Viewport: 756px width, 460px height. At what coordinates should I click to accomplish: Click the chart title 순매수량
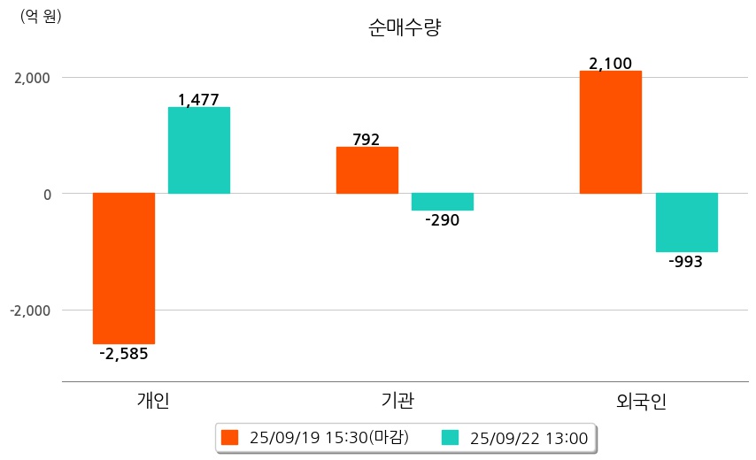point(404,27)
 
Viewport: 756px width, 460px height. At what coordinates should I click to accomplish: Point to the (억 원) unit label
point(41,16)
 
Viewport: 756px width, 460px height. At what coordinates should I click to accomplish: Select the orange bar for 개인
point(124,268)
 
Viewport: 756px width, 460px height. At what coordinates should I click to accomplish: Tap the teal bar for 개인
point(199,150)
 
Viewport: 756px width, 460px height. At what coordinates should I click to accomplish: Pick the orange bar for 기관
point(366,170)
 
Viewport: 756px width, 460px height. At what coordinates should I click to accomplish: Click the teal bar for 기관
point(443,202)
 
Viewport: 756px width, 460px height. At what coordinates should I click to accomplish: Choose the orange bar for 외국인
point(610,132)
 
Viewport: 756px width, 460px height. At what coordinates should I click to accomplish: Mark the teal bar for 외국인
point(686,222)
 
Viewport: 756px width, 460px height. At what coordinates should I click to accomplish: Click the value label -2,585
point(124,354)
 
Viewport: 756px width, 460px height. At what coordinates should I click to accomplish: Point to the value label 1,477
point(198,100)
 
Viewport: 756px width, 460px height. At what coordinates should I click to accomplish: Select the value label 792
point(366,139)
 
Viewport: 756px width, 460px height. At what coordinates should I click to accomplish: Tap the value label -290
point(442,220)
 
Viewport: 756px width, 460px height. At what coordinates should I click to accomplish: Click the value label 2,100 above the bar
point(610,64)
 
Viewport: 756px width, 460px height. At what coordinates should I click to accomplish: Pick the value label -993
point(686,262)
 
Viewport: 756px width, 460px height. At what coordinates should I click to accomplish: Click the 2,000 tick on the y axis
point(32,78)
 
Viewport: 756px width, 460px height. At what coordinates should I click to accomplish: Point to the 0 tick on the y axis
point(46,194)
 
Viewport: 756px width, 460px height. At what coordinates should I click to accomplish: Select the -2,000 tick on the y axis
point(30,310)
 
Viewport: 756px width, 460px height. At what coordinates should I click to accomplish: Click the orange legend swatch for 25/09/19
point(230,437)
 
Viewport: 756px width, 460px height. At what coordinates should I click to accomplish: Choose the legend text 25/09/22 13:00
point(529,437)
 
